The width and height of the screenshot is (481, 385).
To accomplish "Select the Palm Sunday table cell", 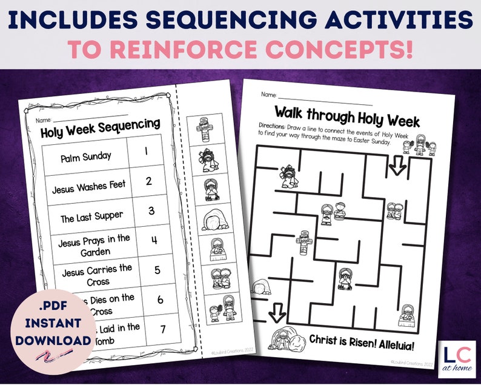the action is (86, 156).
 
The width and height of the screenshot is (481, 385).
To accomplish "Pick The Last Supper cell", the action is (91, 215).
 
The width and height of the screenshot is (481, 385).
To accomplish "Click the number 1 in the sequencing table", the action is (147, 150).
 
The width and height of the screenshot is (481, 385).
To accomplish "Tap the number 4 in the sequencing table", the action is (154, 239).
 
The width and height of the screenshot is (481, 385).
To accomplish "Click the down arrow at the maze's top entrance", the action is (397, 166).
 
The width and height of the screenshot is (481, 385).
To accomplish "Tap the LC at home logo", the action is (456, 358).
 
